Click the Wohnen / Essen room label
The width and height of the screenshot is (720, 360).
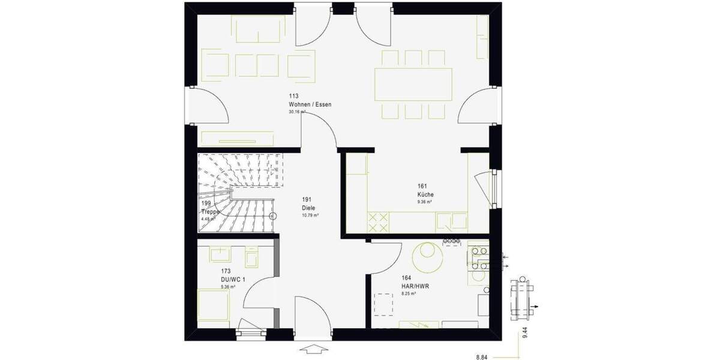[310, 104]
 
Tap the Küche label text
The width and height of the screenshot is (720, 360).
[425, 195]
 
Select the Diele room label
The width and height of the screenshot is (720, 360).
[308, 208]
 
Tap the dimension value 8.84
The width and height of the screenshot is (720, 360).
[482, 357]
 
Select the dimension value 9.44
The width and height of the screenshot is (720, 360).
[525, 334]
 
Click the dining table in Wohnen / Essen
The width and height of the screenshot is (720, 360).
[414, 84]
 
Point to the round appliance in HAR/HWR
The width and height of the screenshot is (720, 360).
[429, 257]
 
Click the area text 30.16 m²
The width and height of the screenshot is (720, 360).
[297, 112]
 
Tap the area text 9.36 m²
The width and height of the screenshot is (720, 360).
[426, 202]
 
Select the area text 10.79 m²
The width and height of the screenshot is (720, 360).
[310, 215]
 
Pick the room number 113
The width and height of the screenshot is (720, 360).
[293, 96]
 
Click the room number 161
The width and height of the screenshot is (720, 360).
[422, 187]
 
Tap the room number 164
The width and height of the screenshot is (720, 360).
[406, 278]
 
